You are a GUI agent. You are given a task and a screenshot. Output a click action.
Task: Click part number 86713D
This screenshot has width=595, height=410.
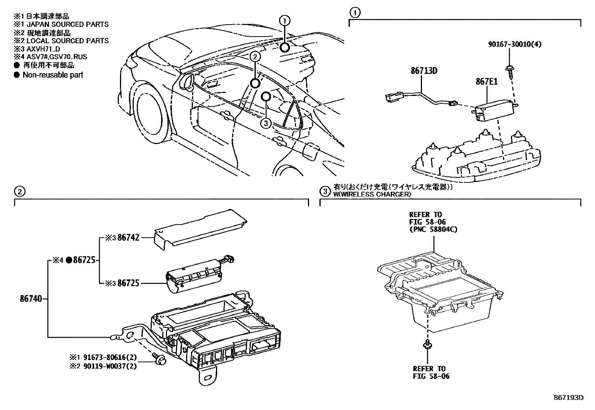pos(424,70)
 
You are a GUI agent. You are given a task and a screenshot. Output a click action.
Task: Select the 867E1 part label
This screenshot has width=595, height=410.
pos(486,81)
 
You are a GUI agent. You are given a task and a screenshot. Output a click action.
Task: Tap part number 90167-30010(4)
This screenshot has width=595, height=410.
pos(515,44)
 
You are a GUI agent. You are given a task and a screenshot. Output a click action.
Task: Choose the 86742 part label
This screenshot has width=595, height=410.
pos(128,237)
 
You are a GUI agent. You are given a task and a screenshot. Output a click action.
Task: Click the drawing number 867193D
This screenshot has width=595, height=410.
pos(568,397)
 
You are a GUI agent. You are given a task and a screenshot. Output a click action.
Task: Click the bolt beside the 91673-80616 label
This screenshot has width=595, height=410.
pos(160,358)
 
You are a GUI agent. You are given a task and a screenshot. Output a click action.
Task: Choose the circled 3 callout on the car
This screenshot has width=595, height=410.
pos(265,123)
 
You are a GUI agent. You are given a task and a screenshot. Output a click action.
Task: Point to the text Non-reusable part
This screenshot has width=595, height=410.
pos(53,75)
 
